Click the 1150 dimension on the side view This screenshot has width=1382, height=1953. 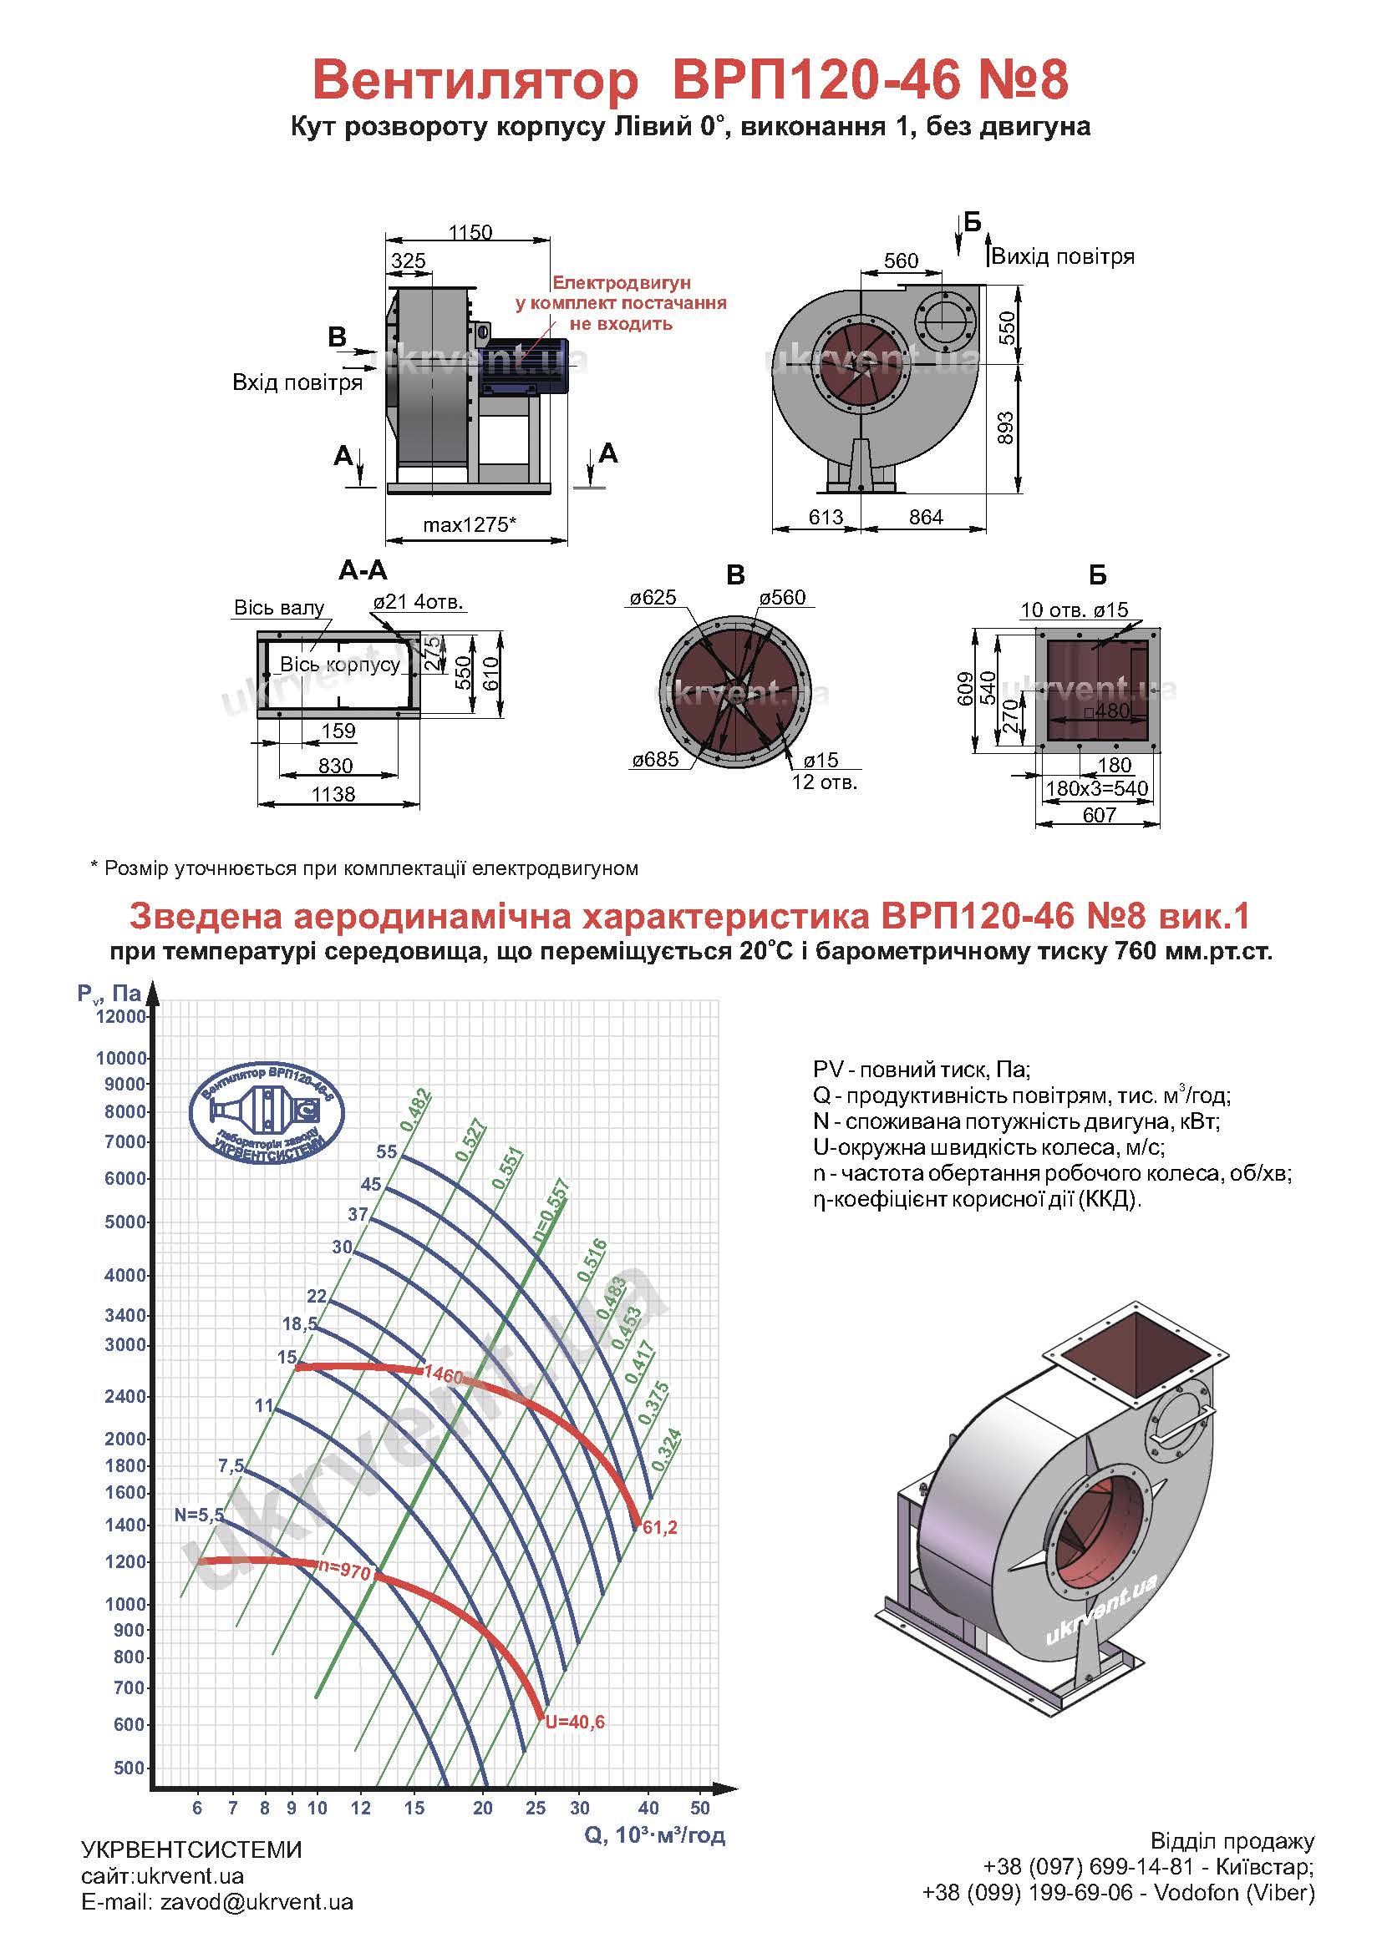(470, 232)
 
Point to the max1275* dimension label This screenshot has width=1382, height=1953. (470, 525)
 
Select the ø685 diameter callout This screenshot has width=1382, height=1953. (654, 760)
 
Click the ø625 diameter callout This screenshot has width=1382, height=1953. (653, 598)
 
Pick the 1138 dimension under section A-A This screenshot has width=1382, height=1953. (333, 793)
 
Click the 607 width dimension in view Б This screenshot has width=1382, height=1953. (1099, 815)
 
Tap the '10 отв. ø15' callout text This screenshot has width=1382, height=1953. (1074, 609)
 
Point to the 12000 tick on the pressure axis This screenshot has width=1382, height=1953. (122, 1016)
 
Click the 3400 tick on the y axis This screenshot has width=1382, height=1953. (125, 1315)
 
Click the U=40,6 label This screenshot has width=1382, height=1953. (574, 1722)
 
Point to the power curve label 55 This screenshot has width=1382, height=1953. (386, 1151)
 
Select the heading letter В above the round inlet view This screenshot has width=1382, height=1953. (735, 575)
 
